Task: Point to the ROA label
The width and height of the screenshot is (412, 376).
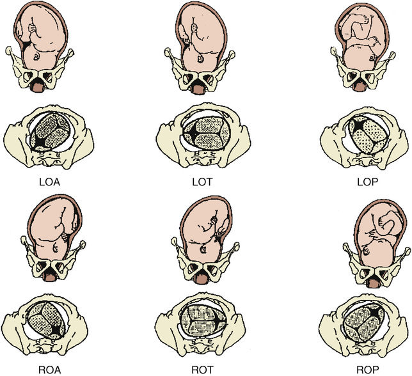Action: (47, 368)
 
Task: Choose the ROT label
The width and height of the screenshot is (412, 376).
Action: (203, 368)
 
